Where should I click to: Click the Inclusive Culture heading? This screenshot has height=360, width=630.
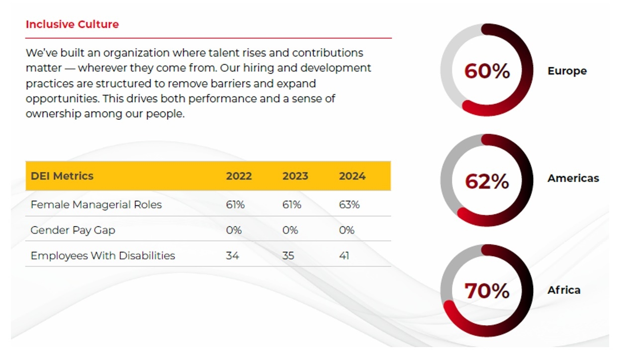72,24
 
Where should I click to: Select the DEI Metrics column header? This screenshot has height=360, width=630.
62,176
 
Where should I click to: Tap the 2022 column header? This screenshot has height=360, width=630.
239,176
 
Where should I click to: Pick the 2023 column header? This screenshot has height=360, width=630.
295,176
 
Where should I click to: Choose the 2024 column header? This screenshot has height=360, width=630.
352,176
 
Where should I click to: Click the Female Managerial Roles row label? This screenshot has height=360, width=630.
96,204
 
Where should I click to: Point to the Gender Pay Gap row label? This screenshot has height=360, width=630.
73,230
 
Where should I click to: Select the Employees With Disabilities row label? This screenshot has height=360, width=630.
103,256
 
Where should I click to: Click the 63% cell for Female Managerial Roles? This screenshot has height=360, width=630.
349,204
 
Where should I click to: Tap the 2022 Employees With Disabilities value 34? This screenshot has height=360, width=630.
232,256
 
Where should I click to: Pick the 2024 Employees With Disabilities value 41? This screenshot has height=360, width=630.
344,256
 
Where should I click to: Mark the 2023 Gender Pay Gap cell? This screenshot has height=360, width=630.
290,230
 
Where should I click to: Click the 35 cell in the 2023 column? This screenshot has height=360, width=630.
288,256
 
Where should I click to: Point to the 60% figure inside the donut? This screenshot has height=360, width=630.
487,71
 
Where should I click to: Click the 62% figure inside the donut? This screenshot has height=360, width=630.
487,181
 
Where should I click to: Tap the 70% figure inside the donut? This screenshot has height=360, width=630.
487,291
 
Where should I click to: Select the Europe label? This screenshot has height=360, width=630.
567,71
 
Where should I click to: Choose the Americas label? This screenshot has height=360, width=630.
573,178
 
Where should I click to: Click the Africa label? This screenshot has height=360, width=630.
564,290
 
